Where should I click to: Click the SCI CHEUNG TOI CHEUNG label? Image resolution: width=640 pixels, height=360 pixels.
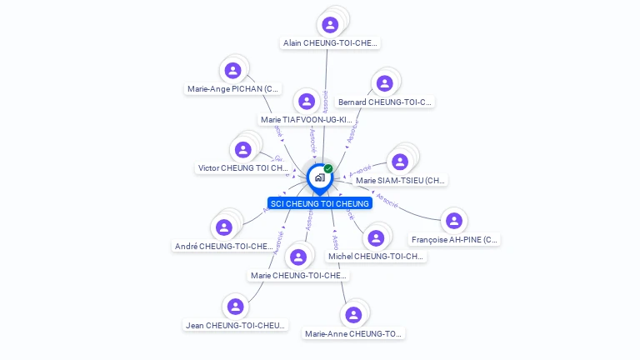pyautogui.click(x=320, y=203)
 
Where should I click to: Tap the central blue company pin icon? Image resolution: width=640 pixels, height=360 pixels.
pyautogui.click(x=319, y=177)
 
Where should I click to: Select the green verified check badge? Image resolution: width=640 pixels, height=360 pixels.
pyautogui.click(x=328, y=169)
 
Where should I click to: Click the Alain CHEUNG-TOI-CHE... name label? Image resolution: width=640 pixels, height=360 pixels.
pyautogui.click(x=330, y=42)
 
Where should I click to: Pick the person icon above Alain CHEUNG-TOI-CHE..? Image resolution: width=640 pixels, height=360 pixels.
pyautogui.click(x=331, y=24)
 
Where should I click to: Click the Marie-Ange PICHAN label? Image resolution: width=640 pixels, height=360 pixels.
pyautogui.click(x=233, y=88)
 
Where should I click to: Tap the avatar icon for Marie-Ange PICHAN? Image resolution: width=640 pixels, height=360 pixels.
pyautogui.click(x=233, y=71)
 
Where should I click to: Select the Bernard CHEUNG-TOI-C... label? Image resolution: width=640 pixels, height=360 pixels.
pyautogui.click(x=384, y=102)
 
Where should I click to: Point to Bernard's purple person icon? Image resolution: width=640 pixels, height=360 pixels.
pyautogui.click(x=384, y=83)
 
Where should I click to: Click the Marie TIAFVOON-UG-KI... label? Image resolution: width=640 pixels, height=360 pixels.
pyautogui.click(x=306, y=120)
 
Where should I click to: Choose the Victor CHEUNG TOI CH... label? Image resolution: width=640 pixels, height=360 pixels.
pyautogui.click(x=242, y=168)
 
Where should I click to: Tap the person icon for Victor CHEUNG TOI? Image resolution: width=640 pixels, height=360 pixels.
pyautogui.click(x=242, y=150)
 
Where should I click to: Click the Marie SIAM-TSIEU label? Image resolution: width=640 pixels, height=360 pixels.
pyautogui.click(x=400, y=180)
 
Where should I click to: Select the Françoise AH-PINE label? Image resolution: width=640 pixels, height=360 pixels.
pyautogui.click(x=454, y=240)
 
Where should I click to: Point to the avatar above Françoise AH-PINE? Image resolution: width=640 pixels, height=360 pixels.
pyautogui.click(x=453, y=221)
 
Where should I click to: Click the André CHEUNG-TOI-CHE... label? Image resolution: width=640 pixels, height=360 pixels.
pyautogui.click(x=223, y=246)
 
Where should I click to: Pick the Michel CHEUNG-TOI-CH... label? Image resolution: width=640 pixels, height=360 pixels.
pyautogui.click(x=376, y=257)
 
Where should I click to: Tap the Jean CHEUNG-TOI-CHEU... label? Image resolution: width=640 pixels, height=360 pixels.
pyautogui.click(x=236, y=325)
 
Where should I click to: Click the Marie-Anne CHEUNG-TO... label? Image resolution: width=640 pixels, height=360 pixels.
pyautogui.click(x=353, y=334)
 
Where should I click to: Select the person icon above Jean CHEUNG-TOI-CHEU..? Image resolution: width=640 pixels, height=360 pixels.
pyautogui.click(x=236, y=307)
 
